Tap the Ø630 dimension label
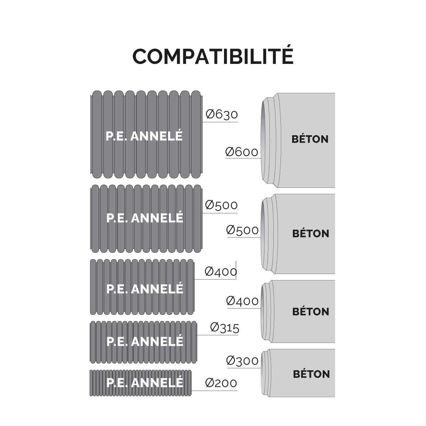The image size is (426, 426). pos(222,115)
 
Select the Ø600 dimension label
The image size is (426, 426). pos(242,152)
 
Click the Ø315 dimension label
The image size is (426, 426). pos(225,328)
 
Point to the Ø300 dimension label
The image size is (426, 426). pos(242,361)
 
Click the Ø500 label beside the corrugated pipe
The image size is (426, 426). pos(221,205)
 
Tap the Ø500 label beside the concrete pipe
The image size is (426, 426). pos(242,230)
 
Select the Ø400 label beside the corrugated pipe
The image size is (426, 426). pos(221,272)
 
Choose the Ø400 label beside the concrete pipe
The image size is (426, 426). pos(242,301)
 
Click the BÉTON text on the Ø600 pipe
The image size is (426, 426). pos(310,139)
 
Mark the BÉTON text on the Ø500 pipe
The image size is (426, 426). pos(311,234)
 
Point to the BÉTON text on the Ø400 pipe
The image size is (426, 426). pos(311,311)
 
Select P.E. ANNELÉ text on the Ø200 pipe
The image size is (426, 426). pos(145,382)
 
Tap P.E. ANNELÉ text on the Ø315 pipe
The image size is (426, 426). pos(145,341)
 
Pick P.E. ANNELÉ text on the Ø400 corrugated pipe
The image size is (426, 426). pos(145,289)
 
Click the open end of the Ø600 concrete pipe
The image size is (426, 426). pos(263,140)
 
